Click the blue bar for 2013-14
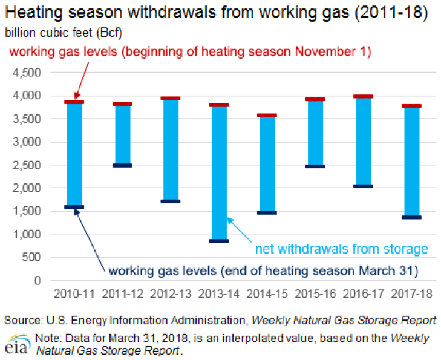click(218, 172)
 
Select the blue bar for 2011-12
click(122, 134)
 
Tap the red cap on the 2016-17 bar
click(363, 96)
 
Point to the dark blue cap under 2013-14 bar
click(218, 241)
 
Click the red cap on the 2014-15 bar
click(267, 115)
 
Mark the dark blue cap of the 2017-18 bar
click(411, 217)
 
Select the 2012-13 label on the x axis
click(170, 294)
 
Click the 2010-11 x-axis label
click(74, 294)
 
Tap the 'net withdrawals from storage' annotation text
click(341, 248)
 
